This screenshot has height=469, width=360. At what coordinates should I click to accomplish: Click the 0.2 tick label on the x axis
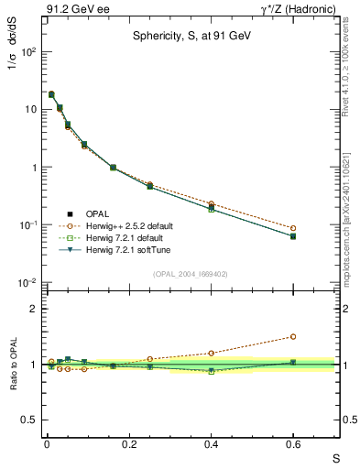click(128, 445)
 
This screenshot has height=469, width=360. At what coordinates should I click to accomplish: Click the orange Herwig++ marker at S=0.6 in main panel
click(293, 228)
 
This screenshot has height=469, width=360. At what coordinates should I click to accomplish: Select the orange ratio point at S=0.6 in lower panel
click(293, 336)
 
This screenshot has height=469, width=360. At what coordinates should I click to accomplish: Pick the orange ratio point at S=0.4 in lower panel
click(211, 353)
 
